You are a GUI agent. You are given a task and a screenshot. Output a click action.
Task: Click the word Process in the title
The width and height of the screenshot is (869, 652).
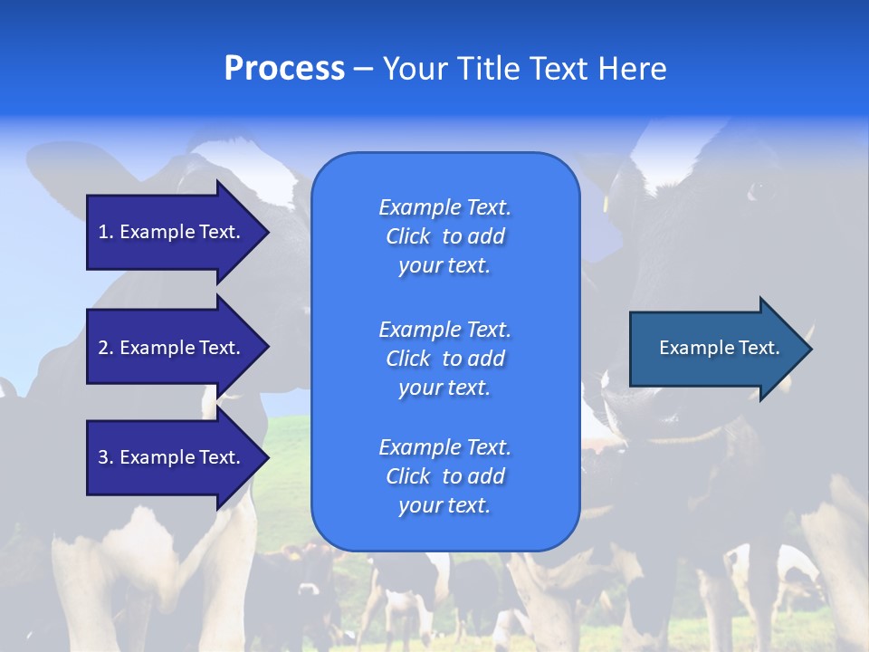284,69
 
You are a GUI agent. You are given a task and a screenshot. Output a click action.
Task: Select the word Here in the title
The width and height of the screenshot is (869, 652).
632,68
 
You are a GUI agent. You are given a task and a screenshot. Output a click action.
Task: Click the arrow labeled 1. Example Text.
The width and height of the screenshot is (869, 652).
178,233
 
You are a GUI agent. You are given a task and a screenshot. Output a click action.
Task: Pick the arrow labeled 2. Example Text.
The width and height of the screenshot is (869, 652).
178,347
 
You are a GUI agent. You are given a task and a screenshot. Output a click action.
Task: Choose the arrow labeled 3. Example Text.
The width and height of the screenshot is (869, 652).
178,456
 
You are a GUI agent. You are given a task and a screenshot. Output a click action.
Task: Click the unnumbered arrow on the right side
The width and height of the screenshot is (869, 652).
721,349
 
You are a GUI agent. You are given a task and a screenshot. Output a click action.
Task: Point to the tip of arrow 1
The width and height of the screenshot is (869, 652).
270,233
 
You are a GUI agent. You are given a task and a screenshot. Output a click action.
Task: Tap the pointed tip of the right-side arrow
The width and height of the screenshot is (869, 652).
812,349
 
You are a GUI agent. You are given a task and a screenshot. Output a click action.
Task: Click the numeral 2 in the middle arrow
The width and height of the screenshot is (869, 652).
103,348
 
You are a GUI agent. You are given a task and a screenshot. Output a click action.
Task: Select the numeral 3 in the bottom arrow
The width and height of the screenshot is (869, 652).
103,457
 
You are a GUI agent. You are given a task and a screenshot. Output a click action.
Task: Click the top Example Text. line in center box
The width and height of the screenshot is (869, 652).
445,207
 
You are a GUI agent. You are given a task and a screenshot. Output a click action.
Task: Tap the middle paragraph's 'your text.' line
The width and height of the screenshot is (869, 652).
444,388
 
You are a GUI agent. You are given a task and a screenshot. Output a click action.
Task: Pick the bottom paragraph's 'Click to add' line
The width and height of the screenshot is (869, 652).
445,476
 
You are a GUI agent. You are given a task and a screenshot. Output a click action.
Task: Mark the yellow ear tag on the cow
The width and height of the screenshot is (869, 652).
606,204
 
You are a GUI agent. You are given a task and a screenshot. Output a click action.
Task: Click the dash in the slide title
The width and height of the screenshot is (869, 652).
364,70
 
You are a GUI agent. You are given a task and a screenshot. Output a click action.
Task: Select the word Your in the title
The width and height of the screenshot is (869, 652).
415,68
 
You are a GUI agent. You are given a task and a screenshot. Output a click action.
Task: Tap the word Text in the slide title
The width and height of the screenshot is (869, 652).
559,68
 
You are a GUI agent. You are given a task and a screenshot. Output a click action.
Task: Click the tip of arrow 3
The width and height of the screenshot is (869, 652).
270,456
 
